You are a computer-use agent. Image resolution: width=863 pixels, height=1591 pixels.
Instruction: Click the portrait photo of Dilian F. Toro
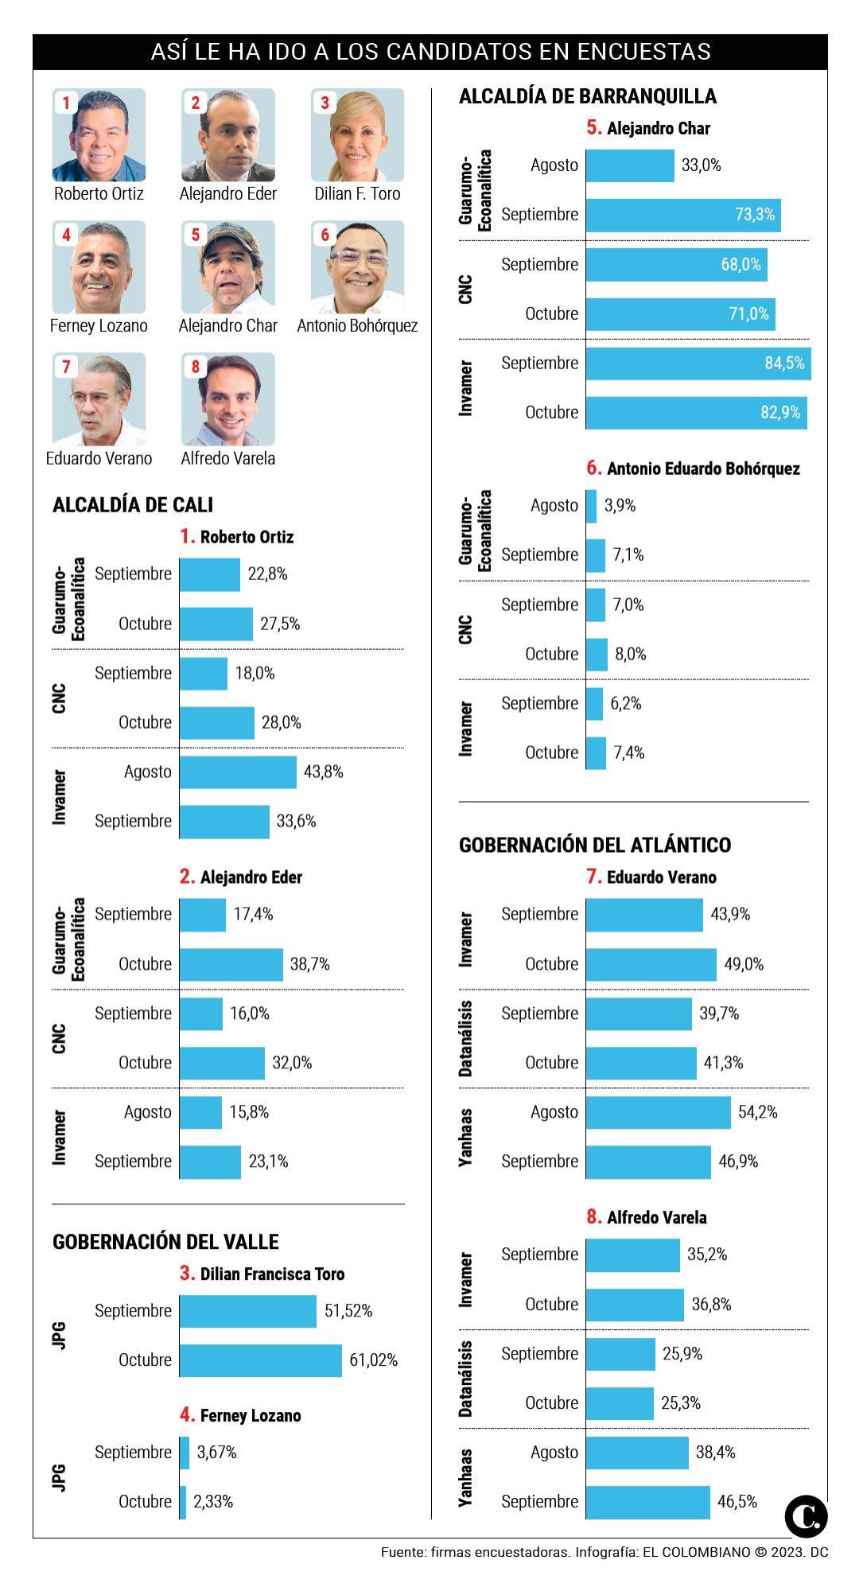[357, 135]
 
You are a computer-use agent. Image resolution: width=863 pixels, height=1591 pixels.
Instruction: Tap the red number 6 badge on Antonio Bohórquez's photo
[325, 235]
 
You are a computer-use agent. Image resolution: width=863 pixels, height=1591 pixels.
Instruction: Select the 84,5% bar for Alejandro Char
[698, 364]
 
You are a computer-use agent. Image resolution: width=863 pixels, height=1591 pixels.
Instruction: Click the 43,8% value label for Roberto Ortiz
[324, 772]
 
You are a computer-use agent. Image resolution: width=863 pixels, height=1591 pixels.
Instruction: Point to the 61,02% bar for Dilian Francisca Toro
[260, 1360]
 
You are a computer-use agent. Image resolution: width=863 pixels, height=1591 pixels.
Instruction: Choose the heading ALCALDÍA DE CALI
[133, 505]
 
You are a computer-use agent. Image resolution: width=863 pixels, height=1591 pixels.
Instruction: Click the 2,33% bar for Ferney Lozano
[183, 1502]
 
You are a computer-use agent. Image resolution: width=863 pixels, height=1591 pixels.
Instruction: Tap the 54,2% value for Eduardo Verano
[757, 1112]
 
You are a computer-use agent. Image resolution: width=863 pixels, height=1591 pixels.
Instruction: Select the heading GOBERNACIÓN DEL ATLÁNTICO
[595, 845]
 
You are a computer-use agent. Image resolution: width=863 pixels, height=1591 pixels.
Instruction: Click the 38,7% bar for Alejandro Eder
[231, 964]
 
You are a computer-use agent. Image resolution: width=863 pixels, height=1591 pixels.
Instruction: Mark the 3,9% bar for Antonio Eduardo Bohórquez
[591, 506]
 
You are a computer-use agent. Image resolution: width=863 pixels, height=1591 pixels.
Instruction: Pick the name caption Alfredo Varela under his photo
[228, 458]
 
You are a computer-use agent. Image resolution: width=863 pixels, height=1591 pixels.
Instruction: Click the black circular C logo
[806, 1516]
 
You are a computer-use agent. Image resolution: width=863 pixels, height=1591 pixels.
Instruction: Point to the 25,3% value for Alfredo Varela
[681, 1403]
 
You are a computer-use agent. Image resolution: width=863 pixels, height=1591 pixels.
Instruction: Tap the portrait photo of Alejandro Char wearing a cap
[228, 267]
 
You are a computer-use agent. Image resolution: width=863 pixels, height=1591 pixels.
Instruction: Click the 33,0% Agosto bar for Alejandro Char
[630, 165]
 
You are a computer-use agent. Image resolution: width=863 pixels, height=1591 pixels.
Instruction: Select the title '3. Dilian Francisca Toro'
[262, 1274]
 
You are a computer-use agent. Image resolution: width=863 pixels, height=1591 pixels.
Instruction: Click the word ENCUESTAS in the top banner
[643, 52]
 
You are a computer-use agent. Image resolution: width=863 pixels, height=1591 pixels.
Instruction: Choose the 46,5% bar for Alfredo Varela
[647, 1502]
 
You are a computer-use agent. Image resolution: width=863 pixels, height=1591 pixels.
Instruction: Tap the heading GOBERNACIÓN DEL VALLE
[165, 1242]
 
